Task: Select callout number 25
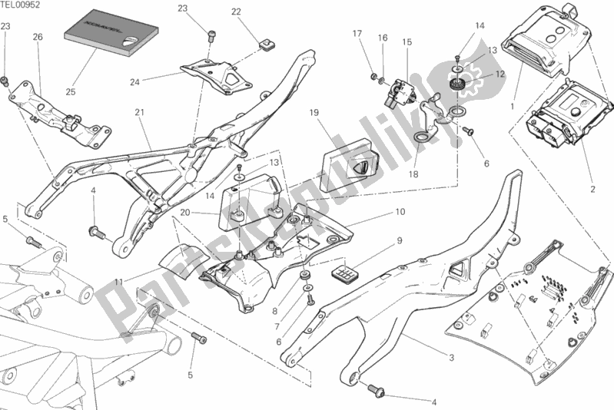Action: (70, 91)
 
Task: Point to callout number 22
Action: (236, 12)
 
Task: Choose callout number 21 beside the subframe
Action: (139, 112)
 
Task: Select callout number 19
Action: (314, 113)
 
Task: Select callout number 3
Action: (451, 358)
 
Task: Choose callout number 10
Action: (400, 211)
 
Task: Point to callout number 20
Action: (184, 212)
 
